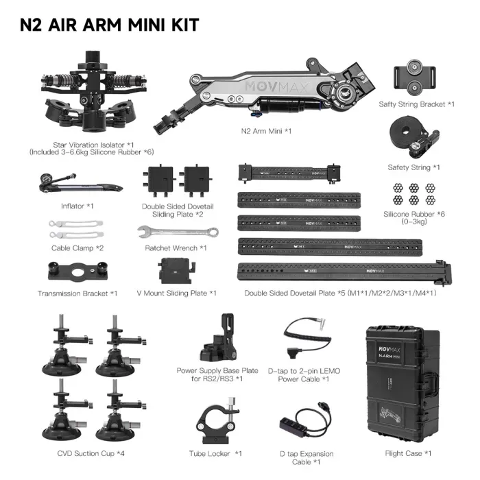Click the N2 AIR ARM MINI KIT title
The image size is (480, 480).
click(110, 25)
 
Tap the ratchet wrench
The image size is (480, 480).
click(178, 232)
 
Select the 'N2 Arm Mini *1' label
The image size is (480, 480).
click(267, 130)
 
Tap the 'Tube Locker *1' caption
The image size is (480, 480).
click(215, 453)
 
